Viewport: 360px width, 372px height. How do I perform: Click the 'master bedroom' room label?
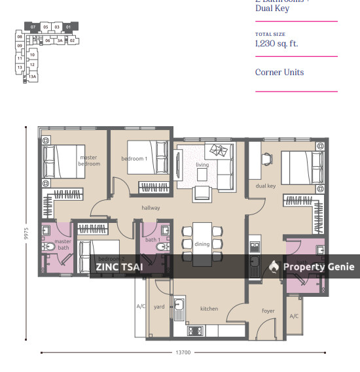coord(89,160)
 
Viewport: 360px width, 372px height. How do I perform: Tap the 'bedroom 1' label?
coord(134,159)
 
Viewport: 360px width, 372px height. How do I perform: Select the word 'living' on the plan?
coord(202,165)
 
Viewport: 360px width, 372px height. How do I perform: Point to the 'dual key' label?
coord(265,186)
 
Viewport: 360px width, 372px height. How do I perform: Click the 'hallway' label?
coord(151,208)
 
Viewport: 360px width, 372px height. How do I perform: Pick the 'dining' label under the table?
coord(202,244)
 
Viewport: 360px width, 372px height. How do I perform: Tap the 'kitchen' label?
coord(209,309)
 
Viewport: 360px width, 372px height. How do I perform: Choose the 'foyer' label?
coord(268,311)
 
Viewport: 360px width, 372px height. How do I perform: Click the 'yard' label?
coord(159,307)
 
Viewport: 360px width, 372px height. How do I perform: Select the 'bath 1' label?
coord(153,240)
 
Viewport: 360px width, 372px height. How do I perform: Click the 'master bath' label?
coord(63,245)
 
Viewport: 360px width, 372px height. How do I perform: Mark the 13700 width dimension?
coord(183,353)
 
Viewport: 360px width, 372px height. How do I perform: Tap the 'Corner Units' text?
coord(279,73)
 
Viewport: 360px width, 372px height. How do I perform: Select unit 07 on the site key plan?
coord(33,27)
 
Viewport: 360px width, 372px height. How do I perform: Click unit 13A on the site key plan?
coord(31,77)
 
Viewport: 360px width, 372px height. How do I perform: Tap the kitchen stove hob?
coord(195,330)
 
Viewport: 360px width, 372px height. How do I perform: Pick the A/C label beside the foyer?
coord(294,316)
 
